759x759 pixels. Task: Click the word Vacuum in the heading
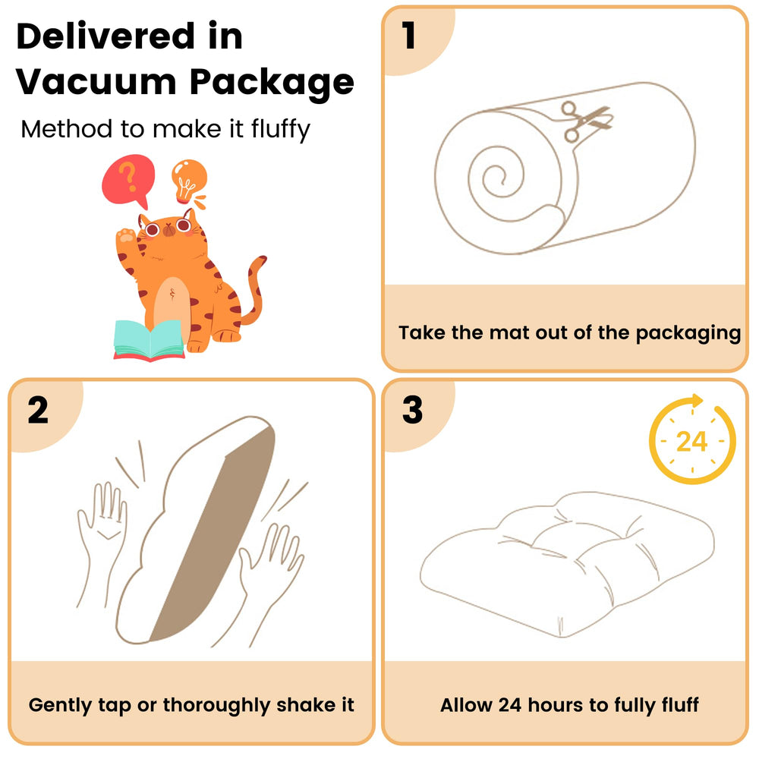(96, 81)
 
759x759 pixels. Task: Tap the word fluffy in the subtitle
(280, 130)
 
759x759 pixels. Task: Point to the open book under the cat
(149, 341)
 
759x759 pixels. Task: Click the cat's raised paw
(125, 236)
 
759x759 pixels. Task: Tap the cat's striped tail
(254, 291)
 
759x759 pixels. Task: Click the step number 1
(410, 36)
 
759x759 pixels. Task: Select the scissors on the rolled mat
(586, 121)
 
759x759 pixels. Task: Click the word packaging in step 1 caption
(688, 333)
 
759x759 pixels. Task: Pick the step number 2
(38, 411)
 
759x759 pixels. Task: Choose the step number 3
(412, 411)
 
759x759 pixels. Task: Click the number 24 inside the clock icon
(691, 442)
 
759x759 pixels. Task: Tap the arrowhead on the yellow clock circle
(697, 400)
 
